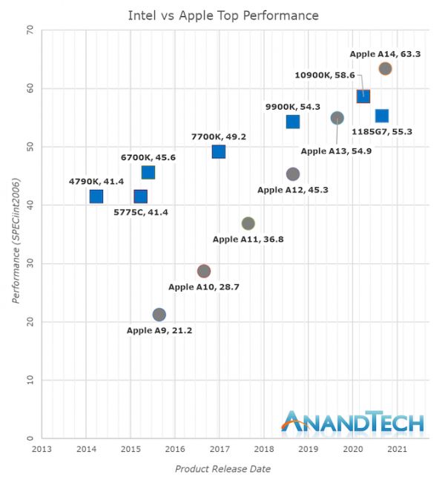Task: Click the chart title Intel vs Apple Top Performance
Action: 223,15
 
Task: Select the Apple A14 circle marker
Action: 385,69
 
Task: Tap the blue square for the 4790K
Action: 96,197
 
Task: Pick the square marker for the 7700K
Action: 218,152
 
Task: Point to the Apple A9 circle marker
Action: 159,315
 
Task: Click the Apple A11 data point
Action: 248,223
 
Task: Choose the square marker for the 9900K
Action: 292,122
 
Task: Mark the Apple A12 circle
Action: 292,174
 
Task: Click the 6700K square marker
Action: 148,173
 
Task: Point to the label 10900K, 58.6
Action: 325,75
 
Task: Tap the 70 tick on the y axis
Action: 30,30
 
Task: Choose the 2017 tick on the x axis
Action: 220,449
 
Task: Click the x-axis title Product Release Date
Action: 222,469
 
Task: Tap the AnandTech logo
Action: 353,421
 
